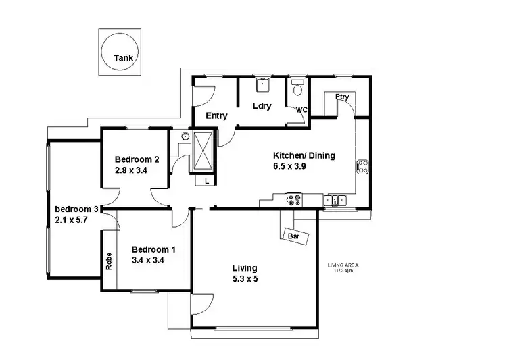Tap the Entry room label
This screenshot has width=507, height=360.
(216, 115)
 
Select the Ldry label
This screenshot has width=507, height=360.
(262, 106)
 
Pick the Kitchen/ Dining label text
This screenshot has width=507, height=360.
(304, 155)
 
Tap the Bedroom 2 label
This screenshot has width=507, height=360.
(137, 160)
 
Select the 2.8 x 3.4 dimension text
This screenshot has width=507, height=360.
(131, 171)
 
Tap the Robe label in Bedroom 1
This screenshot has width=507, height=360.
(109, 261)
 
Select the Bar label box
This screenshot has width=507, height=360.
(294, 237)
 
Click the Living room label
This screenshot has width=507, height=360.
(244, 268)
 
